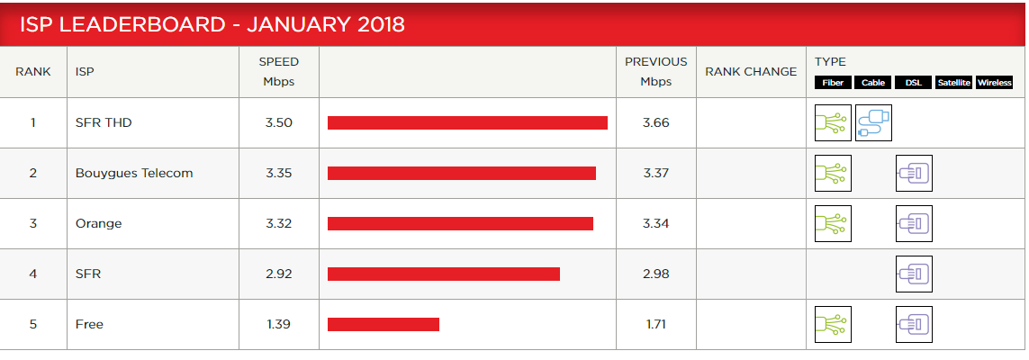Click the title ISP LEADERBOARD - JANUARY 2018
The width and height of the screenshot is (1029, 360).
coord(212,24)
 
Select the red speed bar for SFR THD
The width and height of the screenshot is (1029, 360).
coord(467,122)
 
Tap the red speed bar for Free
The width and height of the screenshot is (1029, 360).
coord(384,324)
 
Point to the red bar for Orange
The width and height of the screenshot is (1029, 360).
coord(460,223)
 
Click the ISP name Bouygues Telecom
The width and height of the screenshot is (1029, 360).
coord(134,173)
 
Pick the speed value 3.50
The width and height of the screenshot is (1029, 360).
coord(279,122)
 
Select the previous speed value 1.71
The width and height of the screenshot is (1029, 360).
coord(655,324)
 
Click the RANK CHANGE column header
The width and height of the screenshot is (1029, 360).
coord(751,72)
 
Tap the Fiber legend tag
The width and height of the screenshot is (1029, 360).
coord(833,83)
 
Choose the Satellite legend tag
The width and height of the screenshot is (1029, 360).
coord(953,83)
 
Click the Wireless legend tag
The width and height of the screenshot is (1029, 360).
coord(995,83)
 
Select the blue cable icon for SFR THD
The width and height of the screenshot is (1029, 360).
coord(873,122)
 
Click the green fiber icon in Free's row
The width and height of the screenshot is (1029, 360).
coord(833,324)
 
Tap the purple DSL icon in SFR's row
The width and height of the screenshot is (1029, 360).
coord(914,274)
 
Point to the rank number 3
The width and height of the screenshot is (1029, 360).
coord(33,223)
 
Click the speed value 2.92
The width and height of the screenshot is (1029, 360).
coord(279,274)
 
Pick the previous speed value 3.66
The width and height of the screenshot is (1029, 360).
coord(655,122)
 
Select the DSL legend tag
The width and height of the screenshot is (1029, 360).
coord(913,83)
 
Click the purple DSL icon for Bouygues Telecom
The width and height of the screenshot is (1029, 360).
coord(914,173)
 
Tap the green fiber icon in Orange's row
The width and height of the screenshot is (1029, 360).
coord(833,223)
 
